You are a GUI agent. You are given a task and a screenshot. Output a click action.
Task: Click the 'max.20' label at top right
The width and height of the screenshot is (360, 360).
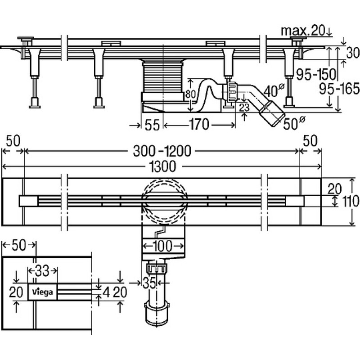point(303,31)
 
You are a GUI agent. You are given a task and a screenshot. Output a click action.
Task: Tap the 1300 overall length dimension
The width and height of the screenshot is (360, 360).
point(162,166)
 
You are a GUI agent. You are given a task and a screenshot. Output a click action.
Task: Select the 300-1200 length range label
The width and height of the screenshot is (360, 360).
point(162,151)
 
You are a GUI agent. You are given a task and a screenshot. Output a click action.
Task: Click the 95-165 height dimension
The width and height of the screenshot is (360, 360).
point(339,89)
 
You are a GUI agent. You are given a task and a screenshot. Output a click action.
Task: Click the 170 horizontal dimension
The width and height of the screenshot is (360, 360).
point(199,125)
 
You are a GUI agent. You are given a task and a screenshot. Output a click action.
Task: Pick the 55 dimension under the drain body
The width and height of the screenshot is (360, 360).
point(152,125)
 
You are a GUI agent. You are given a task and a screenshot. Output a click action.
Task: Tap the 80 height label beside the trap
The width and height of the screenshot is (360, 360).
point(190,94)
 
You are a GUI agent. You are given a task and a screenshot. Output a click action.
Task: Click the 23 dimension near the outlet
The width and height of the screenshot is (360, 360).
point(244,107)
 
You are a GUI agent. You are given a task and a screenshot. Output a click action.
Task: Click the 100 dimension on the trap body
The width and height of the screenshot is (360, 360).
point(163,246)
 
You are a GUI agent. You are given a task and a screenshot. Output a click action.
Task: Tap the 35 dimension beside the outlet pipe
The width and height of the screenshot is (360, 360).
point(149,283)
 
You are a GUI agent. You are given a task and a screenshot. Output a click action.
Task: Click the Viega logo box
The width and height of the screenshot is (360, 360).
point(42,292)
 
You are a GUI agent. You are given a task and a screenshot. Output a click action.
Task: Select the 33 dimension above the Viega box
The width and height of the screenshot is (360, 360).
point(42,270)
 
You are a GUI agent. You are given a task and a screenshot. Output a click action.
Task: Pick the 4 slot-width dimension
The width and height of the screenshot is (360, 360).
point(106,292)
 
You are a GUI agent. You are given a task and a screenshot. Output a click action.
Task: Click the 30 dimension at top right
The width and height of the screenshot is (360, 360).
point(353,53)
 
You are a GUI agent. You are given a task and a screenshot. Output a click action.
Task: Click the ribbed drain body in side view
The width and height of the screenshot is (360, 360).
point(163,78)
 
